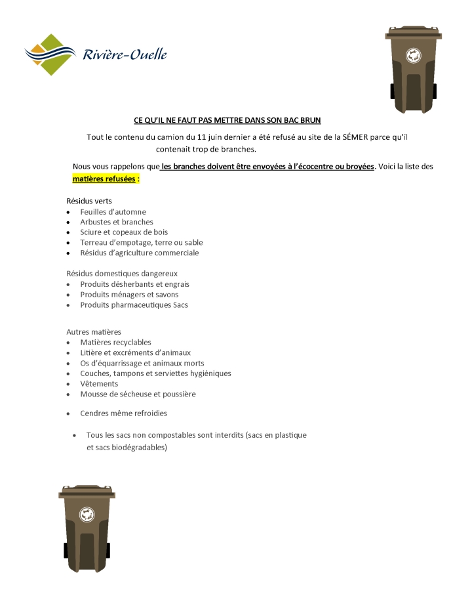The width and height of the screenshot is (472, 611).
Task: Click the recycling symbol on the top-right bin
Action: (x=413, y=56)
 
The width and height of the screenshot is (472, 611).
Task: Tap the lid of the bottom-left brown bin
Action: (x=87, y=492)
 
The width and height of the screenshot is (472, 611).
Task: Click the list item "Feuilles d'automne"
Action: (x=113, y=212)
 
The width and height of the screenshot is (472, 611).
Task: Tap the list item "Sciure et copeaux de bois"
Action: (x=123, y=232)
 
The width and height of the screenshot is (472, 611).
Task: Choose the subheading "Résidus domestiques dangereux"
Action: (x=122, y=273)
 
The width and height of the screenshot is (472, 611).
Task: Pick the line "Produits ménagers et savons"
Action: (x=129, y=295)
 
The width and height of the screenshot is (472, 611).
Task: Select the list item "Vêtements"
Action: (x=99, y=384)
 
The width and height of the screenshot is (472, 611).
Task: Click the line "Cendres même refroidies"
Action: (x=123, y=413)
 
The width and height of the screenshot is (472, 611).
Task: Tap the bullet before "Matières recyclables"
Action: (x=69, y=343)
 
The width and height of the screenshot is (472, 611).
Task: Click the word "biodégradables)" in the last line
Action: (x=137, y=448)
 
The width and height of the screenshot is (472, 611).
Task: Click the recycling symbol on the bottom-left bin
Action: (x=87, y=515)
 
